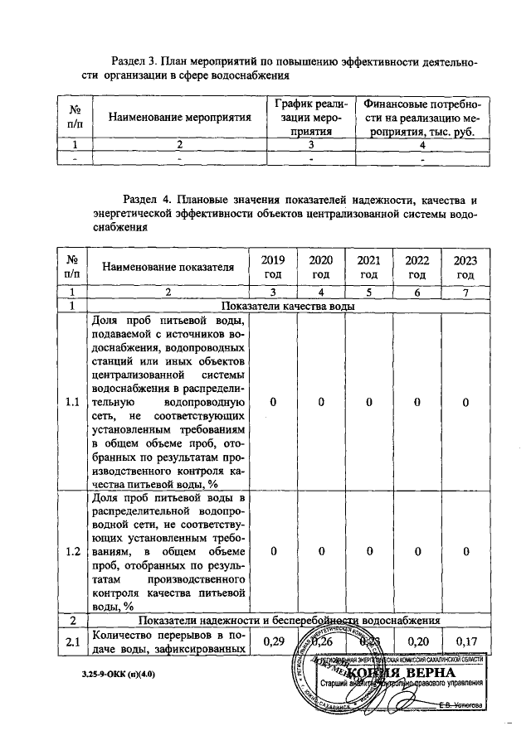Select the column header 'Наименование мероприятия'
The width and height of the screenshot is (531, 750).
point(179,119)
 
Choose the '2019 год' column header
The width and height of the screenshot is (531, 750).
point(273,267)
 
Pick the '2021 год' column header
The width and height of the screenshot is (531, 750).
point(369,267)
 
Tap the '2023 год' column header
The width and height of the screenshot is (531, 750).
point(465,267)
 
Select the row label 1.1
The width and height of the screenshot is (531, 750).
point(71,403)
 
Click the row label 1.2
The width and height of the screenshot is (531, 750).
point(71,551)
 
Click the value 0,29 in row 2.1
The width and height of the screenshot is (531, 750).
point(273,641)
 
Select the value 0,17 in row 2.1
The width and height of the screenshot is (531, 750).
point(465,641)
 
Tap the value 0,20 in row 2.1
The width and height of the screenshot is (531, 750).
point(417,641)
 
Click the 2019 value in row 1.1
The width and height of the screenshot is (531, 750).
point(273,403)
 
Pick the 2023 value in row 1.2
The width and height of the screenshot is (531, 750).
point(465,551)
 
